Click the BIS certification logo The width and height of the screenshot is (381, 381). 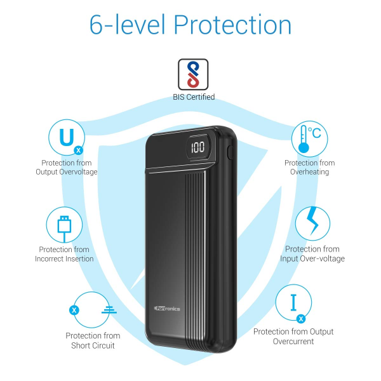[x=193, y=74]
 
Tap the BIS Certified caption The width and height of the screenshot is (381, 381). [x=194, y=97]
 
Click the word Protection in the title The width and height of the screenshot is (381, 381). [x=232, y=25]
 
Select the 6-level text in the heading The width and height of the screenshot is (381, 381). [x=128, y=24]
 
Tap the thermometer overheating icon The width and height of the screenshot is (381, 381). [x=304, y=139]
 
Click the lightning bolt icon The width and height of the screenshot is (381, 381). [x=312, y=220]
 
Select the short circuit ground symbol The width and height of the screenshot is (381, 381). [x=109, y=310]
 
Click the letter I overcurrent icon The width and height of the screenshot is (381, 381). [x=294, y=302]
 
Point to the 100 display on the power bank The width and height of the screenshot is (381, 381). [x=197, y=147]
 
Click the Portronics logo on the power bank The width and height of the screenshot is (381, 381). [x=167, y=309]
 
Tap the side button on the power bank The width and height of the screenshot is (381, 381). [x=229, y=152]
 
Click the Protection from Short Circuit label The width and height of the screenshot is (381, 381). [x=93, y=340]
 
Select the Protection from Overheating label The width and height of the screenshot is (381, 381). [x=310, y=167]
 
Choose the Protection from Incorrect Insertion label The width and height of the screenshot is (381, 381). [x=64, y=254]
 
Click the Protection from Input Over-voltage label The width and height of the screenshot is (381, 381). [x=312, y=253]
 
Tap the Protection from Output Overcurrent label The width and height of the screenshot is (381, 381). [x=293, y=337]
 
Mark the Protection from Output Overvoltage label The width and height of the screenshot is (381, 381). [x=66, y=167]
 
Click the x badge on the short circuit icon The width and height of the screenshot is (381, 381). [x=74, y=310]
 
